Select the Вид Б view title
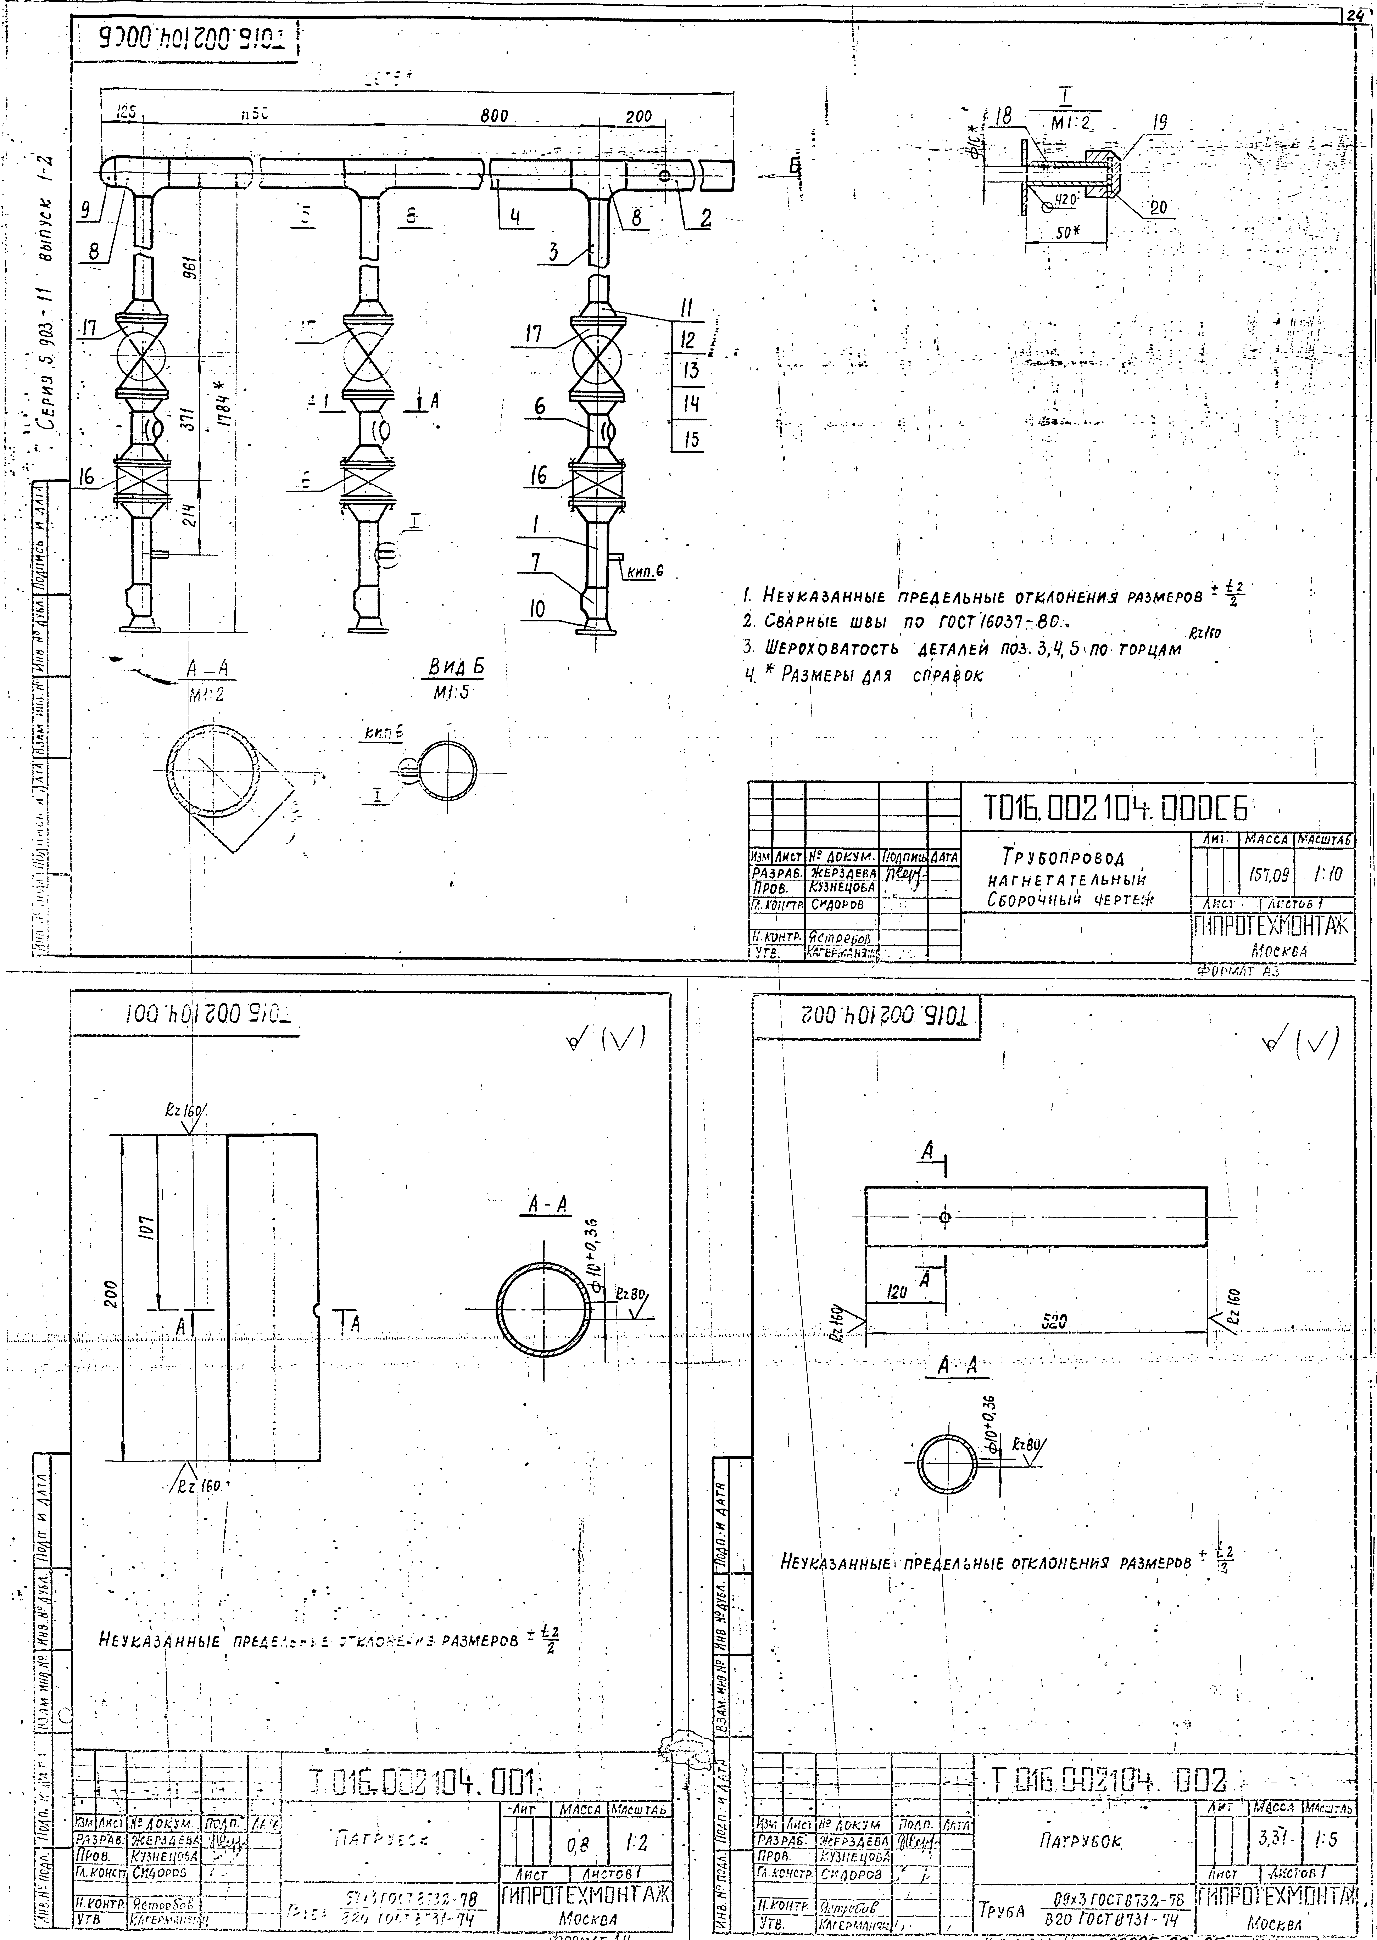click(x=455, y=667)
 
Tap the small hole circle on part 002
click(x=945, y=1217)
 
